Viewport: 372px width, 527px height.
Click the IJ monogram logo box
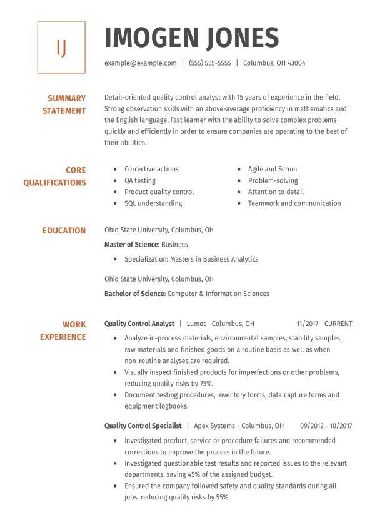point(61,48)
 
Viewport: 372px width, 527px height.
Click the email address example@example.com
point(140,63)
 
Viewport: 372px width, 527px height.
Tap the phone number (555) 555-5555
point(209,63)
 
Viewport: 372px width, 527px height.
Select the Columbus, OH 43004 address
point(274,63)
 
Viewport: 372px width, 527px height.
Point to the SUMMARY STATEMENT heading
point(64,105)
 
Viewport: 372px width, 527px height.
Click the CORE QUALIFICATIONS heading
point(55,177)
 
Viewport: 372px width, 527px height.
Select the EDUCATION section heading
point(64,231)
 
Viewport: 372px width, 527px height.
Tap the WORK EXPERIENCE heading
point(63,330)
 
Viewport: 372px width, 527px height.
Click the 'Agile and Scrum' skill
point(273,169)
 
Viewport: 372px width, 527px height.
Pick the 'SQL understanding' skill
point(153,203)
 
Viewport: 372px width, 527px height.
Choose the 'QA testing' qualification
point(140,180)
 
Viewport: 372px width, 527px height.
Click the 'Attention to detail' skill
point(276,192)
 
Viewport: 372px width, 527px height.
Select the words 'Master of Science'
point(131,245)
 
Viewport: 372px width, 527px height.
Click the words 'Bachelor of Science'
point(134,294)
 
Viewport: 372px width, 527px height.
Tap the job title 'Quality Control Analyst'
point(139,324)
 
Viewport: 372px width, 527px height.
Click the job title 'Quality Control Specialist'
point(143,426)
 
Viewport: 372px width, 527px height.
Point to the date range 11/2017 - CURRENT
point(324,324)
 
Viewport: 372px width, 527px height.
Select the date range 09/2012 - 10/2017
point(326,426)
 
